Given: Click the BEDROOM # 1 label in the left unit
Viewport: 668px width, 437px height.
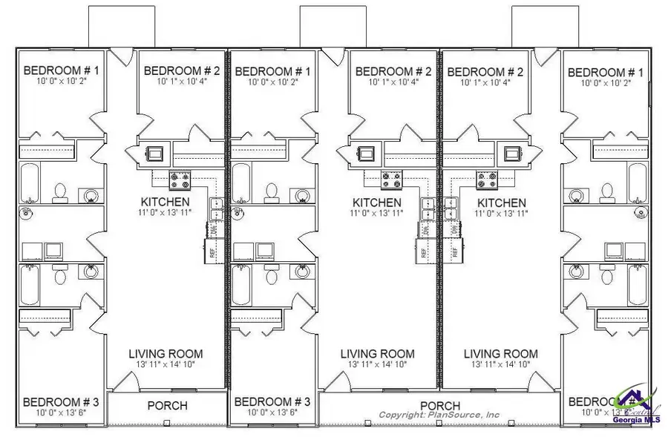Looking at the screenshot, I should pos(55,70).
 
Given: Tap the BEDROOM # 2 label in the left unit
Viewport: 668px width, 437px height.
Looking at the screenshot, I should pos(182,71).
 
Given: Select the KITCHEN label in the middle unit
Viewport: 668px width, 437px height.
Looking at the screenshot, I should pos(377,203).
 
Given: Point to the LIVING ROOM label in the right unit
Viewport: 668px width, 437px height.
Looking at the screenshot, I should pos(501,354).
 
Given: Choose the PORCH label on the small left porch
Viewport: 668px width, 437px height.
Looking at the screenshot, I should pos(167,406).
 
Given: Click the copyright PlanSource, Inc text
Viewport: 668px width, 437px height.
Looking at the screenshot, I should pos(439,415).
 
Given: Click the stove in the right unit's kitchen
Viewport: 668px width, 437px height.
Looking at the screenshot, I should pos(486,177).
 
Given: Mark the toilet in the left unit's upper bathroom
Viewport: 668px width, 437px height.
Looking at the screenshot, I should pos(60,193).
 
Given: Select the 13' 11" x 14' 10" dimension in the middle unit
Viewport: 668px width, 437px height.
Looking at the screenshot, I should pos(377,364).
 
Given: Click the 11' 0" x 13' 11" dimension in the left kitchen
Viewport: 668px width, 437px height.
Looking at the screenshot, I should pos(166,213).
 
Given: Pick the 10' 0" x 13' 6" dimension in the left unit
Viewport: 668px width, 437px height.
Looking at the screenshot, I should pos(55,413).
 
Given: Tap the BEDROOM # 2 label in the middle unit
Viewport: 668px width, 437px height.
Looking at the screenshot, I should pos(393,71).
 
